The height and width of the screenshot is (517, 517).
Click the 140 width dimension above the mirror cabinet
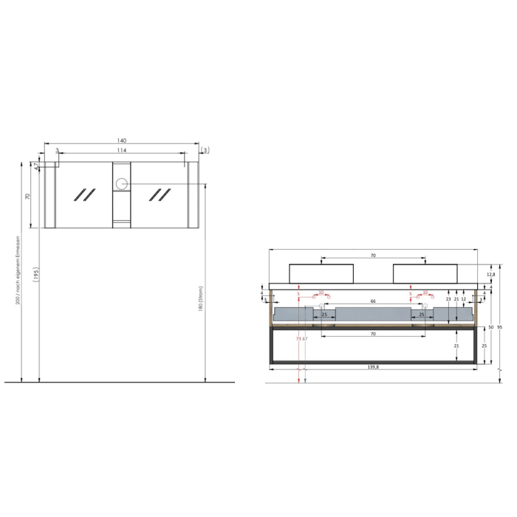(x=122, y=140)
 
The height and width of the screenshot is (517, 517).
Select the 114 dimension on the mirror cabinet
(x=122, y=151)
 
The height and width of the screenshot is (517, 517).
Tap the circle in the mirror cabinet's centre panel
(x=122, y=183)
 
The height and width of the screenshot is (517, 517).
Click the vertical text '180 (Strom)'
(x=200, y=299)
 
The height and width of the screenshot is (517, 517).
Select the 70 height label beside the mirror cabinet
(x=27, y=196)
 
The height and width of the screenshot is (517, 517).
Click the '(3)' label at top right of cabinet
(x=205, y=151)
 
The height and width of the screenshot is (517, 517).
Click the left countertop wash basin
(x=322, y=273)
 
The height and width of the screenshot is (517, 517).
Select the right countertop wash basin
(x=425, y=273)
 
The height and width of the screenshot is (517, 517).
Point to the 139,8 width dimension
(x=373, y=367)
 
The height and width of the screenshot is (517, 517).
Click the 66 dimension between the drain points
(x=373, y=302)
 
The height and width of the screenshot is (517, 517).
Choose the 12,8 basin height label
(x=491, y=275)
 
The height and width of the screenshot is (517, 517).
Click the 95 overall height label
(x=500, y=326)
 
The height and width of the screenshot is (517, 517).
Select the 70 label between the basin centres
(x=373, y=256)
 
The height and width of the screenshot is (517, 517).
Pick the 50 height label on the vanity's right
(x=490, y=326)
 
